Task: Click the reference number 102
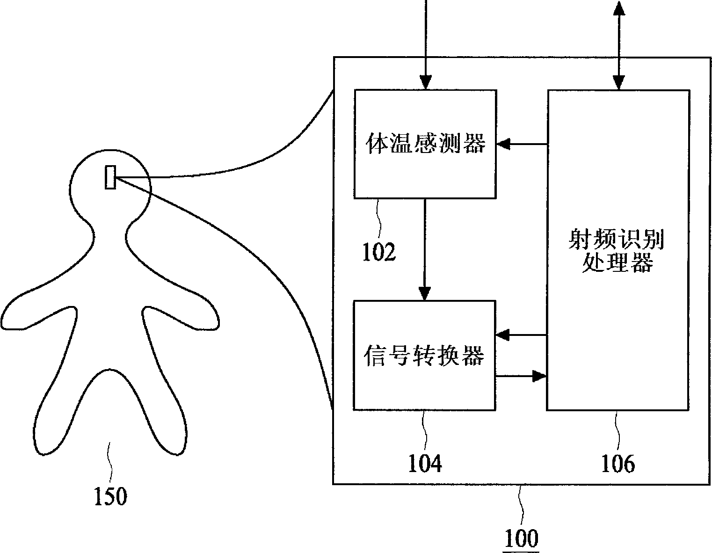[379, 252]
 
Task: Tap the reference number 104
[425, 464]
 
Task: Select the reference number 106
[618, 464]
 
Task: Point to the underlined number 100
[521, 538]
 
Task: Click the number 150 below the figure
[110, 496]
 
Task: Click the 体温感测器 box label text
[425, 143]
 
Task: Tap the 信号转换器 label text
[424, 356]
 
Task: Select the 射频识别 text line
[617, 240]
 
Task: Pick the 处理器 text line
[618, 262]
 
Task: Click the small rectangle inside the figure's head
[110, 177]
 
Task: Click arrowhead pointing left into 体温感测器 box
[503, 144]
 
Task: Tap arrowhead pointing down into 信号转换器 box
[425, 293]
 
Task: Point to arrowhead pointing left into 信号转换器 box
[502, 335]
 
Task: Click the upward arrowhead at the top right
[619, 8]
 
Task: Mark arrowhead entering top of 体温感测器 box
[426, 82]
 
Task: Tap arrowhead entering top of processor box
[618, 83]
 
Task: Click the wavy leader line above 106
[618, 430]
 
